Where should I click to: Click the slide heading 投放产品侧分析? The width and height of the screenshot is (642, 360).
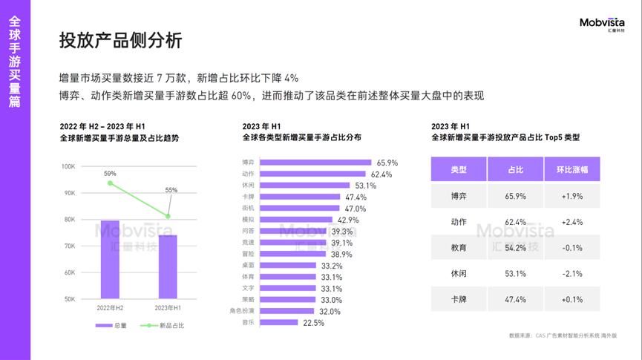[120, 41]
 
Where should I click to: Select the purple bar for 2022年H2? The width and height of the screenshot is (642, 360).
[110, 260]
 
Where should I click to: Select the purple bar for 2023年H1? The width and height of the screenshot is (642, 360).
[168, 267]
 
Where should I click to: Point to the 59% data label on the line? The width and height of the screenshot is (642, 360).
[110, 174]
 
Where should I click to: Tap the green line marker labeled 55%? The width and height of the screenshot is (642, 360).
[168, 217]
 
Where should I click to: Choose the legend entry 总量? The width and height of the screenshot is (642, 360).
[115, 325]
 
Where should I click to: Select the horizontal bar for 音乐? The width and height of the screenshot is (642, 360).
[279, 323]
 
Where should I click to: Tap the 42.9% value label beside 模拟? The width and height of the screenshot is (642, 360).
[348, 220]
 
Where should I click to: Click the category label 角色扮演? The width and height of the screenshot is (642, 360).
[243, 311]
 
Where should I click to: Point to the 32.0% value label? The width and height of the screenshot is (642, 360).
[330, 312]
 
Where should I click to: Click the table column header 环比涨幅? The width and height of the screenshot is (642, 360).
[571, 170]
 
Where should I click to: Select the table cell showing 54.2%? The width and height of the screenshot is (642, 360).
[516, 247]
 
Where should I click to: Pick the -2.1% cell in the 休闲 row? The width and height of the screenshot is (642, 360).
[571, 273]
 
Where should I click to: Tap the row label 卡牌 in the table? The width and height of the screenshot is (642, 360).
[459, 299]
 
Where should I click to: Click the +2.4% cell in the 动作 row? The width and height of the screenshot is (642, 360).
[571, 222]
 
